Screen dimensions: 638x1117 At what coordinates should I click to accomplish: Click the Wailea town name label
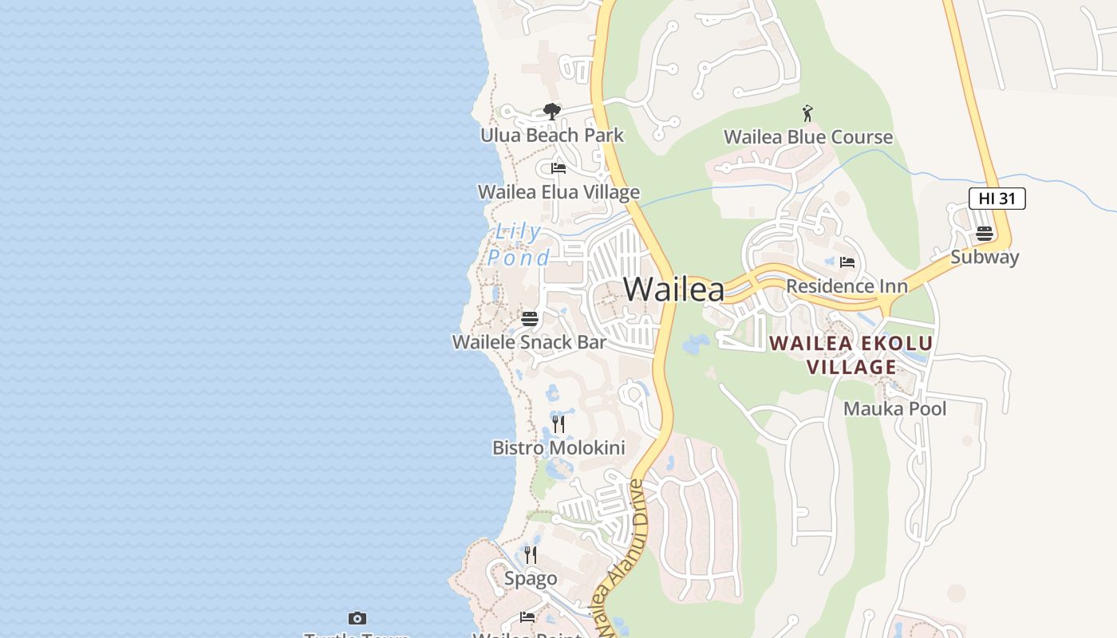click(x=674, y=289)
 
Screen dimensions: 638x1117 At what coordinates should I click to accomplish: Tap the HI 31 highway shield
click(x=997, y=199)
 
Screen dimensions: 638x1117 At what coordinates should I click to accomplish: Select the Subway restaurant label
click(x=985, y=257)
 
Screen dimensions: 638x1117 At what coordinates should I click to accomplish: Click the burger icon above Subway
click(x=985, y=234)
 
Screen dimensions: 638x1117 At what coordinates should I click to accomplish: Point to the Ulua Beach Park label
click(x=552, y=136)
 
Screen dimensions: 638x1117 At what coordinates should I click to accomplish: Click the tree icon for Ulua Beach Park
click(x=551, y=112)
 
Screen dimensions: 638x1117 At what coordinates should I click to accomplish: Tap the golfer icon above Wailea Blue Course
click(x=807, y=113)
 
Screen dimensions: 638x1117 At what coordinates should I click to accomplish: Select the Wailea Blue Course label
click(x=807, y=137)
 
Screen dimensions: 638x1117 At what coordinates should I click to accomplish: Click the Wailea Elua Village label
click(x=558, y=192)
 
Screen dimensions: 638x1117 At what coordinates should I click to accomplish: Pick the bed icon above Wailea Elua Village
click(x=558, y=168)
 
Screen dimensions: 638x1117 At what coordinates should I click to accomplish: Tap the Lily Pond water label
click(x=519, y=245)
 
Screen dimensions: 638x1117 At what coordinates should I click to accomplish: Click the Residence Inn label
click(x=847, y=286)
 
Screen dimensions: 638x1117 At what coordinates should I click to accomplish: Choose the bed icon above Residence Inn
click(x=847, y=262)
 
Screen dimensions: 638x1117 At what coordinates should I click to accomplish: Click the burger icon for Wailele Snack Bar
click(x=530, y=319)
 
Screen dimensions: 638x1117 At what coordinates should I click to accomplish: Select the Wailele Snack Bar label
click(x=530, y=342)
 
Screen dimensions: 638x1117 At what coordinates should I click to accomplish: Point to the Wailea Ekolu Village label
click(x=851, y=356)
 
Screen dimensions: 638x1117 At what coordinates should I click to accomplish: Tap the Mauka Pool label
click(x=895, y=409)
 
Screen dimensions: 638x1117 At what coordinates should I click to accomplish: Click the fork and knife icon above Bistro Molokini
click(x=558, y=424)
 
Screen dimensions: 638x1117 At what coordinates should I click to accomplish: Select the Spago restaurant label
click(x=531, y=578)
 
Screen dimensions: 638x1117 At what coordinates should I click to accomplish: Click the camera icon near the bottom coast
click(x=357, y=618)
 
